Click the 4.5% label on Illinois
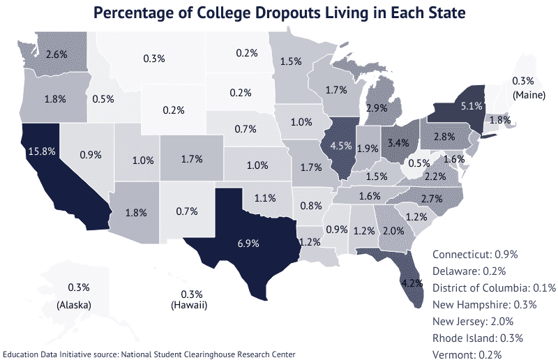340,146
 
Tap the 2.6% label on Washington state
56,54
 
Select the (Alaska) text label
74,306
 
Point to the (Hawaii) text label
190,306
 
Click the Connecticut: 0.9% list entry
475,255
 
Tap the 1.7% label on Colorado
191,159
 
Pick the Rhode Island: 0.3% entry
475,338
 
